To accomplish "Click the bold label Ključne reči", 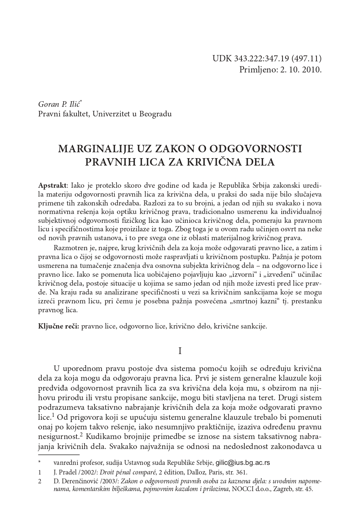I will (58, 326).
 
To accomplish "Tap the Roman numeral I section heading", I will (180, 351).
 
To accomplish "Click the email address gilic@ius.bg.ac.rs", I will (243, 462).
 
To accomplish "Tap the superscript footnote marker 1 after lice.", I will (53, 416).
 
